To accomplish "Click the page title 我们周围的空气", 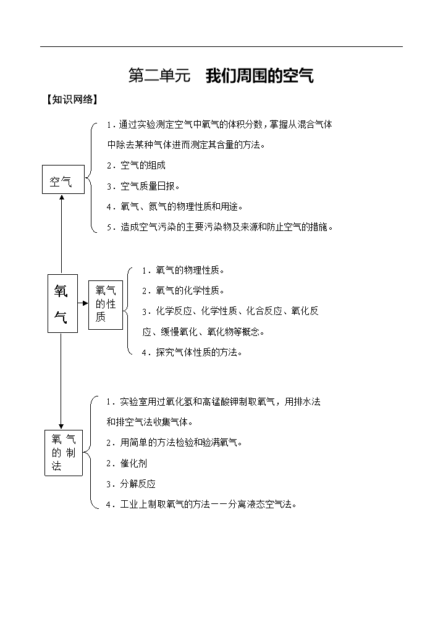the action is point(259,76).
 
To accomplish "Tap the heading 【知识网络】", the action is point(72,99).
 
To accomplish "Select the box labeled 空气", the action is point(64,179).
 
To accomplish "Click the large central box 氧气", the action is point(62,303).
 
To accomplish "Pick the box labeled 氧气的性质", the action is point(106,305).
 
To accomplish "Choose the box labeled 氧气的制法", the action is point(64,453).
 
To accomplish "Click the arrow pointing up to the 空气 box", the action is point(61,234).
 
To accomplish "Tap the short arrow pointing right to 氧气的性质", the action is point(83,303).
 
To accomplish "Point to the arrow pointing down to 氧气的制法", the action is point(61,381).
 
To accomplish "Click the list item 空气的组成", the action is point(136,166).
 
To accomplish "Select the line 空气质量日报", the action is point(143,186).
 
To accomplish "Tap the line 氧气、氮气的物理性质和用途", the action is point(175,206).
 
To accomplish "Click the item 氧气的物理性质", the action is point(184,271).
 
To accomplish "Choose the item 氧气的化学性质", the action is point(184,291).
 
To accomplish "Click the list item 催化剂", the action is point(127,463).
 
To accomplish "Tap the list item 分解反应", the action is point(131,484).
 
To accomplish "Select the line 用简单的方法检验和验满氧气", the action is point(174,442).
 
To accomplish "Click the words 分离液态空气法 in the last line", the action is point(260,504).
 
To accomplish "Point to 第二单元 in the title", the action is point(159,76).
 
